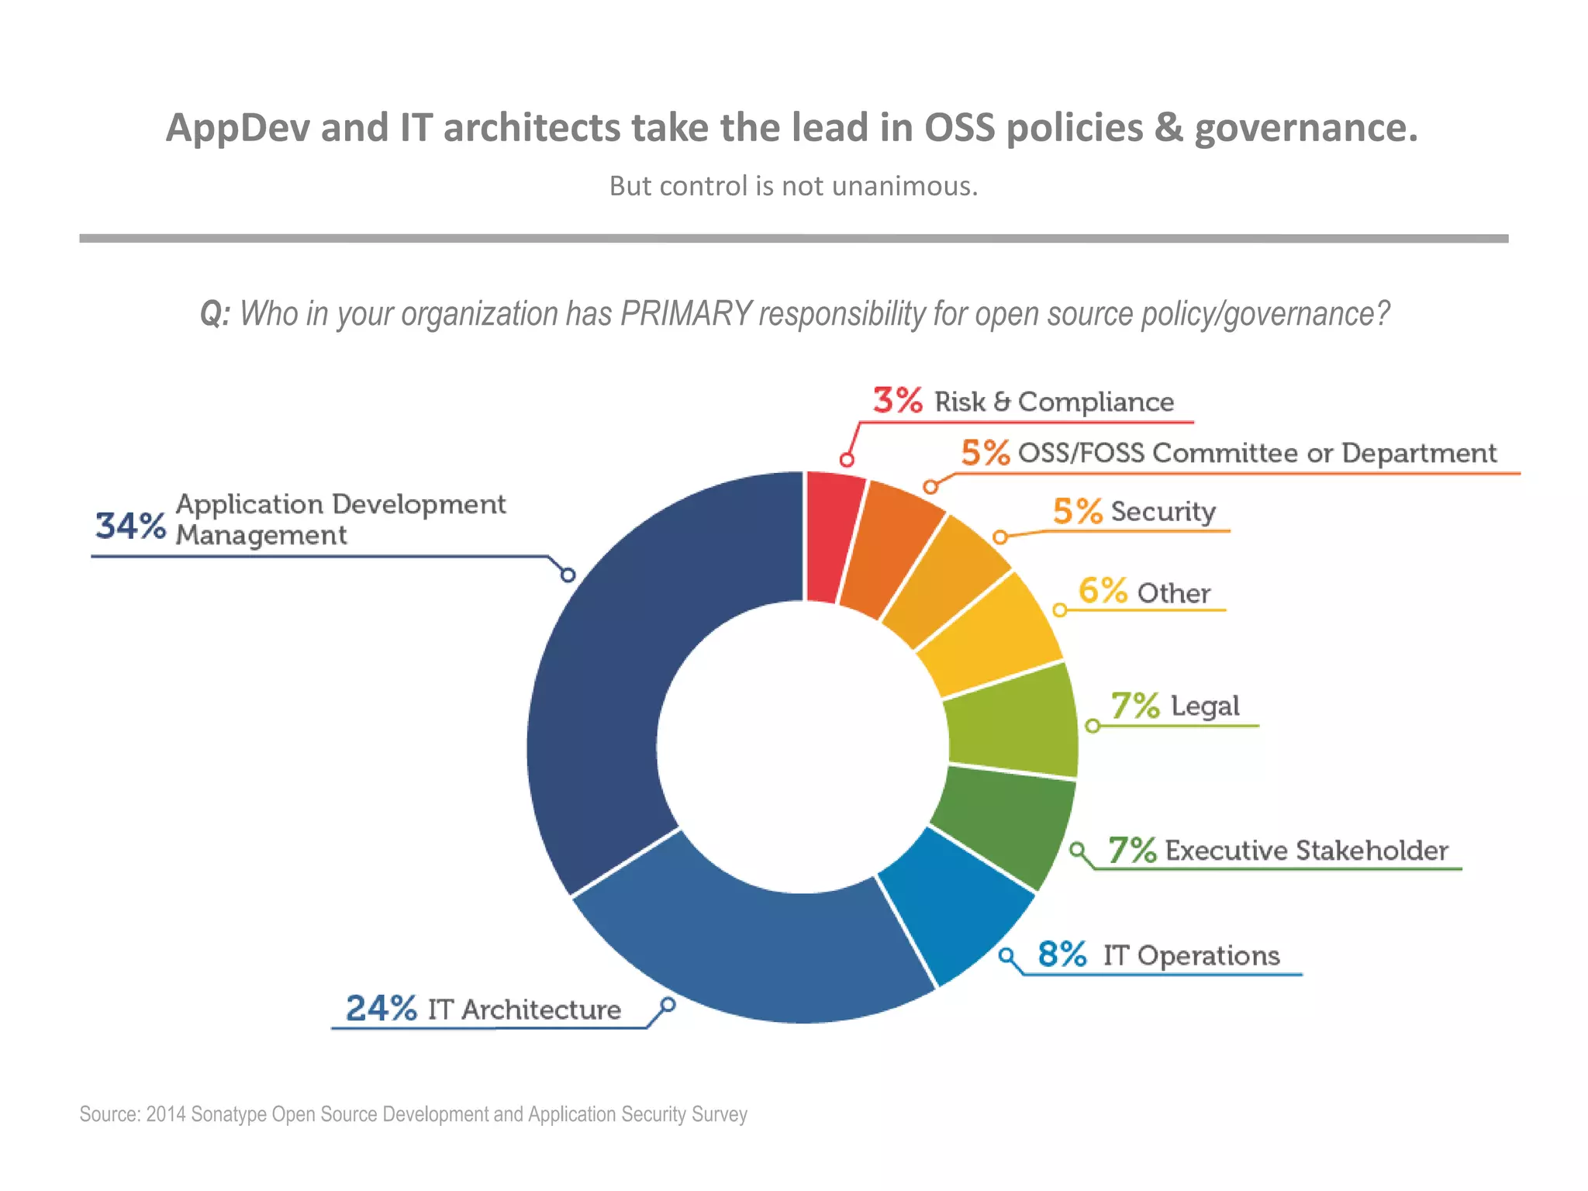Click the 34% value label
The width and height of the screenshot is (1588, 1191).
(130, 526)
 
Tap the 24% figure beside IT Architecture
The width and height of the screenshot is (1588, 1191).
(381, 1009)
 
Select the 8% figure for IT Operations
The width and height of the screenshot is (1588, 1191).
(1062, 955)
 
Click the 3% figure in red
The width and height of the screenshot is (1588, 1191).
(897, 400)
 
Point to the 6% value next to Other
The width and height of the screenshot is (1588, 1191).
(1102, 591)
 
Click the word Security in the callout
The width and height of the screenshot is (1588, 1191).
(1162, 512)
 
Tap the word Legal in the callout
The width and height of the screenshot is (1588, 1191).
(1204, 706)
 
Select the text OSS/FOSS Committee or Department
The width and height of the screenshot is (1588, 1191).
(1256, 453)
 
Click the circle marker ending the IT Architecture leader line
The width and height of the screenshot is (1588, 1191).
(668, 1005)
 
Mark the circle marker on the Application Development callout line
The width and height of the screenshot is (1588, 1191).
(568, 575)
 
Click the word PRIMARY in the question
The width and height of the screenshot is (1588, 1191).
(685, 314)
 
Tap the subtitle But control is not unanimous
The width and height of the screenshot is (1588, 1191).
(793, 186)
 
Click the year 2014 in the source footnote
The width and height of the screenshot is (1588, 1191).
(166, 1114)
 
